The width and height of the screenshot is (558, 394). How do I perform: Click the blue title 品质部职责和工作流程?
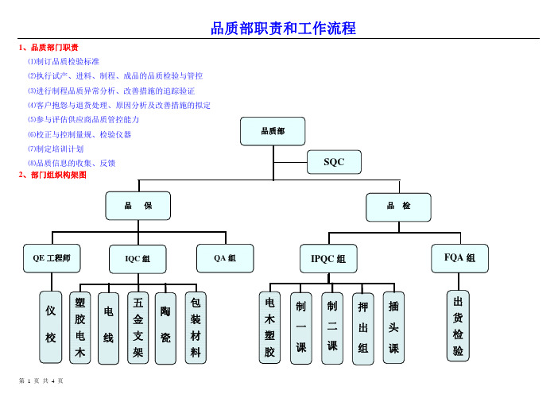283,29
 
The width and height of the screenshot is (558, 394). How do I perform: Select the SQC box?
334,162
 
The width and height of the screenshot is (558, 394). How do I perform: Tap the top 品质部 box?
273,131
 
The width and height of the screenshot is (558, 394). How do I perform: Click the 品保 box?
138,206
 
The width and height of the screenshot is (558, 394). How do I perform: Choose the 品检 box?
398,207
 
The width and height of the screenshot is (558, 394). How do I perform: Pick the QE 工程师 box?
52,258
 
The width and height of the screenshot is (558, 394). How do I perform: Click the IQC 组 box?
138,259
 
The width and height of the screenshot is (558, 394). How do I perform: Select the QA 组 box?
225,258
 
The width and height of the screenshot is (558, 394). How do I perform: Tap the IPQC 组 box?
328,258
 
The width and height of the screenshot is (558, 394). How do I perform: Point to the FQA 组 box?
459,258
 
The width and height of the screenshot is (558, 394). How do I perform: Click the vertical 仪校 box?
51,327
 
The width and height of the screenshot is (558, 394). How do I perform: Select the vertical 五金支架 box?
138,328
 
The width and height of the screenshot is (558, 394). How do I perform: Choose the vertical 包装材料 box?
196,328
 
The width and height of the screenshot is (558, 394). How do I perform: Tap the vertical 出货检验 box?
459,326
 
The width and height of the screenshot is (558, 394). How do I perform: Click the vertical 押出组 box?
363,329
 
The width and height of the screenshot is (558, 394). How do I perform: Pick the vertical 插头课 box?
393,327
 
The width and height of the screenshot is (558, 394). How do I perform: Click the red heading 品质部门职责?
48,48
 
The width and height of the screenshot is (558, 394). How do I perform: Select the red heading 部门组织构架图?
52,175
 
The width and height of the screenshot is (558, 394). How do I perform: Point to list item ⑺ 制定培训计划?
56,149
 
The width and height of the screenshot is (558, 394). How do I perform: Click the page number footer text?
41,380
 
